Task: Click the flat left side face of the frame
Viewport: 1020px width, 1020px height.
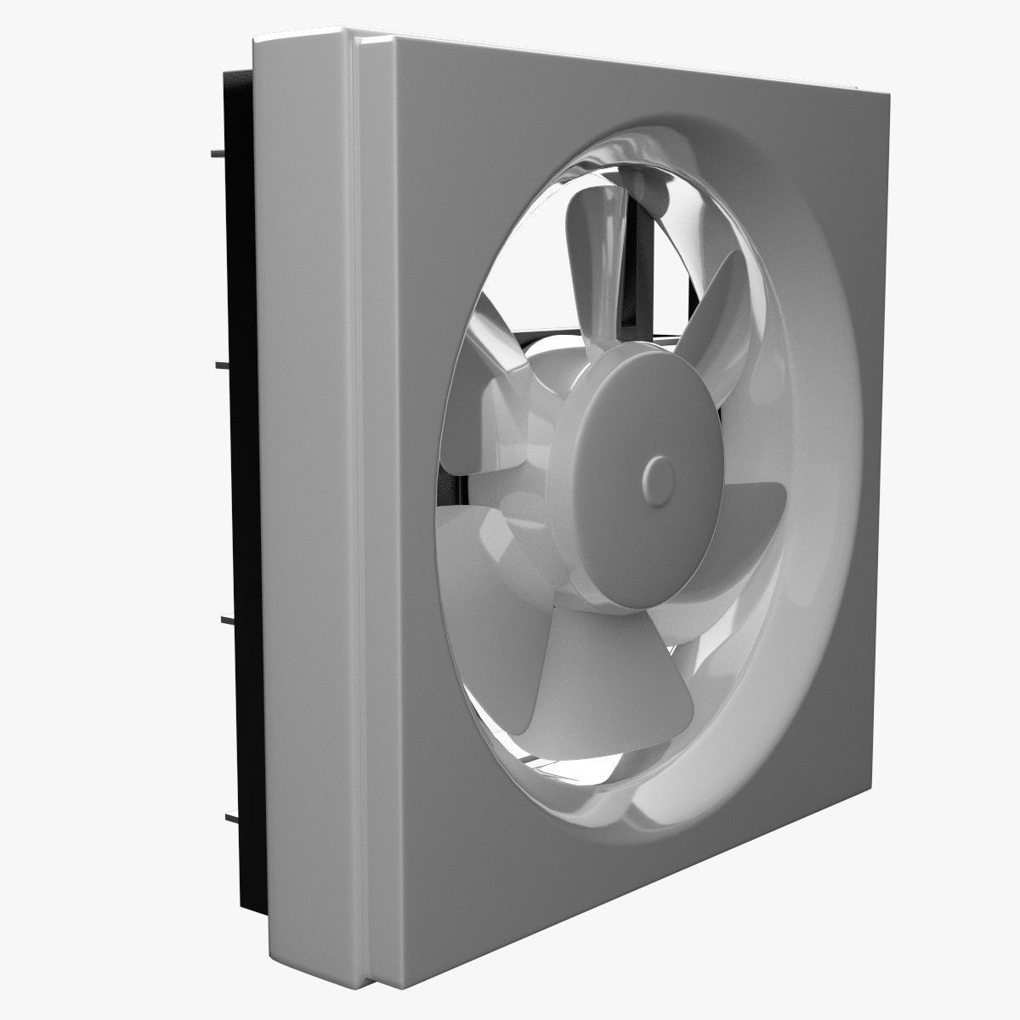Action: pos(306,510)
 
